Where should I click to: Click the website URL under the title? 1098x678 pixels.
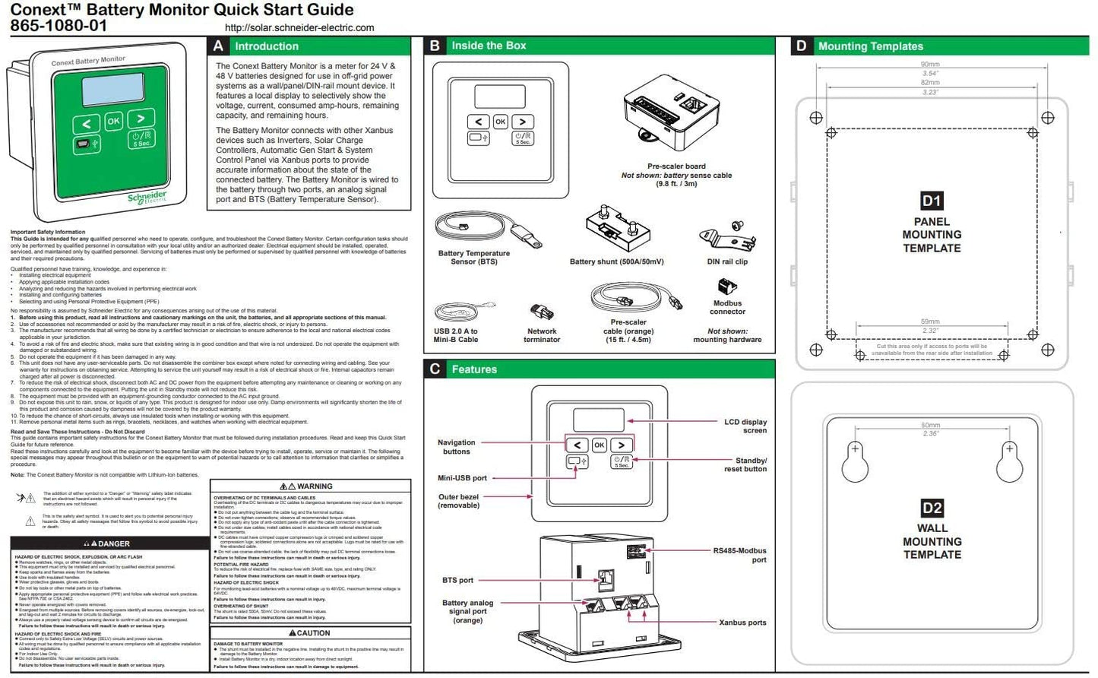point(299,27)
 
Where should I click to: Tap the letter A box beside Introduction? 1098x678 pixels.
point(218,46)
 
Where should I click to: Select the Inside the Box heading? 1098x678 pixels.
point(489,46)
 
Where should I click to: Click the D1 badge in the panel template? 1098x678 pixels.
point(932,201)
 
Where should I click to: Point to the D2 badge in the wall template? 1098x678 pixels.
point(932,508)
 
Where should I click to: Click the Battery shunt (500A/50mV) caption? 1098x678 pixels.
point(616,261)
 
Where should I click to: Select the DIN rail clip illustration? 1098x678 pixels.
point(728,237)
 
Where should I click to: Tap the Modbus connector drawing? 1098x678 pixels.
point(726,287)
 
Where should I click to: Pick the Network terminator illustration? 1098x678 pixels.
point(541,312)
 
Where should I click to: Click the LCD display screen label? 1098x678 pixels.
point(744,426)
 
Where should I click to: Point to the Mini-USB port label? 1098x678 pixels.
point(462,478)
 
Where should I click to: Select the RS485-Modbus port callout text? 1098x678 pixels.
point(739,555)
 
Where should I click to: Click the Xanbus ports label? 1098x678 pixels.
point(742,623)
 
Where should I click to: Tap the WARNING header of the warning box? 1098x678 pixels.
point(310,486)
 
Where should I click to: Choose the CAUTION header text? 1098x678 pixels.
point(310,632)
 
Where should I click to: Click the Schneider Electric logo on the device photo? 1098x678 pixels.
point(147,198)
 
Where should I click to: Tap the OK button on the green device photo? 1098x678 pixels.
point(113,121)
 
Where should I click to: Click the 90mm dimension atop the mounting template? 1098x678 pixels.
point(929,65)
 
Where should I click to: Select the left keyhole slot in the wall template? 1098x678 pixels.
point(855,461)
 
